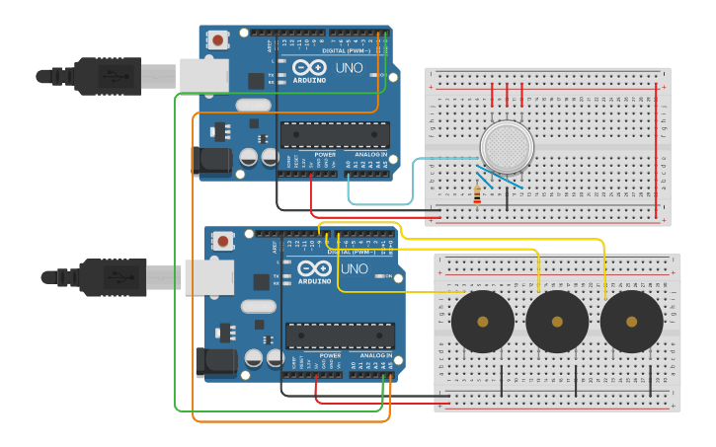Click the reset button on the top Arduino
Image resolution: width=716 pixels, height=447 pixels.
tap(217, 40)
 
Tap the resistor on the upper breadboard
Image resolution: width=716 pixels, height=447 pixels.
tap(478, 194)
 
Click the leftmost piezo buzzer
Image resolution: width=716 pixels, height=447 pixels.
tap(482, 322)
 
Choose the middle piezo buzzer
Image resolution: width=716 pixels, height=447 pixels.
tap(557, 322)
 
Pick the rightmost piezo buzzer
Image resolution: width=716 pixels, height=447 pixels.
tap(631, 322)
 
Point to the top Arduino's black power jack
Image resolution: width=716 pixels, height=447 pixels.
tap(210, 161)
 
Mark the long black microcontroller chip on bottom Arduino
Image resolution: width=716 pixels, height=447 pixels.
tap(340, 335)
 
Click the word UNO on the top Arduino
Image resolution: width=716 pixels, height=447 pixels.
tap(350, 68)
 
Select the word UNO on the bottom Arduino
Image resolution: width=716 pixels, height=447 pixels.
tap(355, 268)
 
